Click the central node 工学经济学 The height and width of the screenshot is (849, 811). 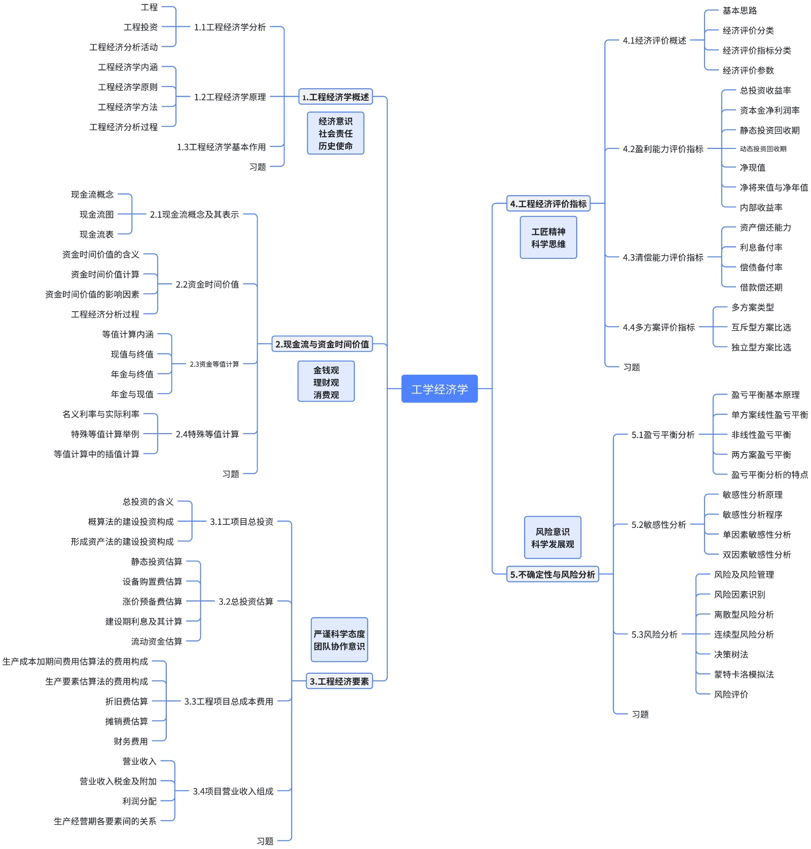click(x=439, y=389)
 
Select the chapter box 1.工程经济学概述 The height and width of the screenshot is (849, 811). click(x=336, y=97)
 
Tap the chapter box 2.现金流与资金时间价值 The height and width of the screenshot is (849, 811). click(x=322, y=344)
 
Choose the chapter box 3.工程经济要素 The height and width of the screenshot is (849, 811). click(x=339, y=681)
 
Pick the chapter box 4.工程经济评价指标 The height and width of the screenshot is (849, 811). click(x=548, y=204)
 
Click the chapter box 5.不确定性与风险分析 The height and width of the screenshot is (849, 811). click(x=552, y=574)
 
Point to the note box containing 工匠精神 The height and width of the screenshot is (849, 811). click(x=548, y=238)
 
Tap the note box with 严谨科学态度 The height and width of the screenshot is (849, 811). click(x=339, y=640)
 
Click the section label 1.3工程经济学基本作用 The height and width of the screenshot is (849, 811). click(x=221, y=147)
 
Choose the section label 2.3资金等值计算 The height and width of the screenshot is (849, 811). click(x=214, y=364)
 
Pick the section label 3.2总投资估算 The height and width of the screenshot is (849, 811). click(x=246, y=601)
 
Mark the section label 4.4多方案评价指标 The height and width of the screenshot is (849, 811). click(x=658, y=327)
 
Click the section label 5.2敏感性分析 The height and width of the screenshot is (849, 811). click(x=658, y=525)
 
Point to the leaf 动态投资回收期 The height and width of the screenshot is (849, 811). click(x=763, y=149)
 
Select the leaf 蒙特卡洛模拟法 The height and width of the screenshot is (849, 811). click(x=744, y=674)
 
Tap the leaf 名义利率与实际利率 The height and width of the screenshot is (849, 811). click(x=100, y=414)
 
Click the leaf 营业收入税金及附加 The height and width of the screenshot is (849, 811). click(x=118, y=781)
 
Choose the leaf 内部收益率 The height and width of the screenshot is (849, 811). click(x=761, y=208)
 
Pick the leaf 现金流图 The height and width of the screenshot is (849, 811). click(x=96, y=215)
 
